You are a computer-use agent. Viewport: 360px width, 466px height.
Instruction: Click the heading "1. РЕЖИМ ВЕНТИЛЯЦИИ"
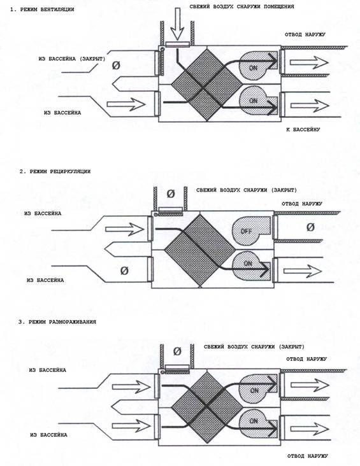coord(42,10)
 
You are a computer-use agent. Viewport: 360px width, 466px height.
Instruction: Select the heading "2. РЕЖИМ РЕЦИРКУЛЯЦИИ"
coord(55,171)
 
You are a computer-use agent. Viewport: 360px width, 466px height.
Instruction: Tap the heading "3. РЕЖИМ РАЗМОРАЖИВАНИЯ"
coord(57,322)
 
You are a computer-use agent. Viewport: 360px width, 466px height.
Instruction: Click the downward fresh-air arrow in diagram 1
coord(177,24)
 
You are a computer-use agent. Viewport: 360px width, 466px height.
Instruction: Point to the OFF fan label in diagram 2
coord(246,231)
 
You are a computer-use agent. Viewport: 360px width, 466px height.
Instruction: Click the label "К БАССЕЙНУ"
coord(303,130)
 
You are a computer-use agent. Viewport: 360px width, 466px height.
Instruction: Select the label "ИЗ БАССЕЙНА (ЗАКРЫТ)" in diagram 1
coord(72,59)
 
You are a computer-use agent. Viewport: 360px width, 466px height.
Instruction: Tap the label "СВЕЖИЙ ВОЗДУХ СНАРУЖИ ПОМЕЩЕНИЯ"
coord(241,6)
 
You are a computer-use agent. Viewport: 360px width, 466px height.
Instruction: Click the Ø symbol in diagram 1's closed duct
coord(116,66)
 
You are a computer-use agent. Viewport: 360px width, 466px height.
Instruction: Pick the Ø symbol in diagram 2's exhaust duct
coord(310,227)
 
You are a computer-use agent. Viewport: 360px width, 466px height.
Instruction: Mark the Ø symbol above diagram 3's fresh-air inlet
coord(177,351)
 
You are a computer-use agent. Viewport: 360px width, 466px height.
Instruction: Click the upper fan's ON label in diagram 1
coord(253,68)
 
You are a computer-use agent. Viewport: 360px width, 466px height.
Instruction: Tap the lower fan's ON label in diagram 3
coord(254,421)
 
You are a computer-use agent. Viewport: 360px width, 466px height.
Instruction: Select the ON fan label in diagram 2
coord(248,264)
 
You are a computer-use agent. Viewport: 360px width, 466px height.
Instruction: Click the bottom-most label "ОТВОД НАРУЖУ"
coord(308,456)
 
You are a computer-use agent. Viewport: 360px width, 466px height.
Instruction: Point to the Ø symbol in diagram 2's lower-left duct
coord(124,271)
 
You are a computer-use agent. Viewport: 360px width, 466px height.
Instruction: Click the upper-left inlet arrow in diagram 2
coord(125,229)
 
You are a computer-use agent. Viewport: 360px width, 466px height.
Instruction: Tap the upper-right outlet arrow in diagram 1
coord(309,62)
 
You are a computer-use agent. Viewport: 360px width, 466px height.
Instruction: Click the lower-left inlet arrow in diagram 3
coord(131,426)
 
